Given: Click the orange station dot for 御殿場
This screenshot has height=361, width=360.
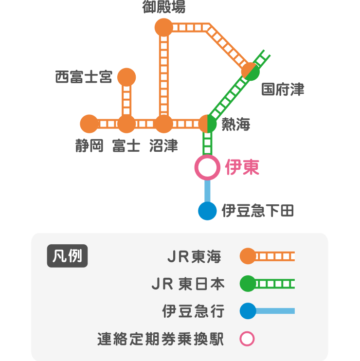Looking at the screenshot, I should point(163,27).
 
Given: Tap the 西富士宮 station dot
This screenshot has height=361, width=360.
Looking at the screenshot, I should point(126,77).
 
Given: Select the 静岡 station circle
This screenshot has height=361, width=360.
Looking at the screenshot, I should point(90,124).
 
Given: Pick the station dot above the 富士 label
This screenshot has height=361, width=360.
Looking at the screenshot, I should point(126,124).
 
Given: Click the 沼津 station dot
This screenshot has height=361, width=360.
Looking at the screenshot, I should point(163,124).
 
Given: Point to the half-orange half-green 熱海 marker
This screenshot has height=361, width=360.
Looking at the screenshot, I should point(208,124).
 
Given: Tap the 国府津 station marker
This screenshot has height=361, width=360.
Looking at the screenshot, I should point(251,72).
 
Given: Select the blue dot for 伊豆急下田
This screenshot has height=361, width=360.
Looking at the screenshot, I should point(207,211).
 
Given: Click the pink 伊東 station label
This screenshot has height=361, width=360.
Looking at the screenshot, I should point(242,168).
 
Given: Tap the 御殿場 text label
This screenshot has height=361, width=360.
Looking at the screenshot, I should point(163,7).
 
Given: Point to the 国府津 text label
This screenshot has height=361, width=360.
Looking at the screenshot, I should point(283,90).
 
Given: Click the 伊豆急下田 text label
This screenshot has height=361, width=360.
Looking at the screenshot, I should point(257,211).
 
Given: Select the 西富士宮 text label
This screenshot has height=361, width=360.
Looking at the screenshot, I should point(84,77).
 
